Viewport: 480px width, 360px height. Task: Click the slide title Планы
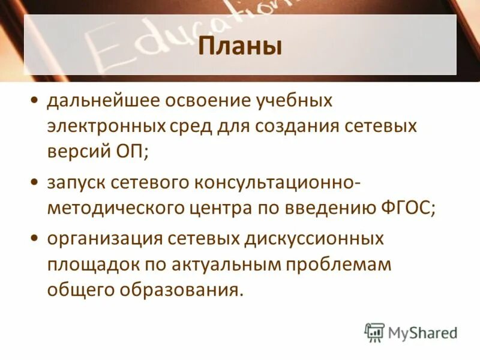pyautogui.click(x=240, y=46)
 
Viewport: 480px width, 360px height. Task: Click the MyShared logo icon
pyautogui.click(x=374, y=332)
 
